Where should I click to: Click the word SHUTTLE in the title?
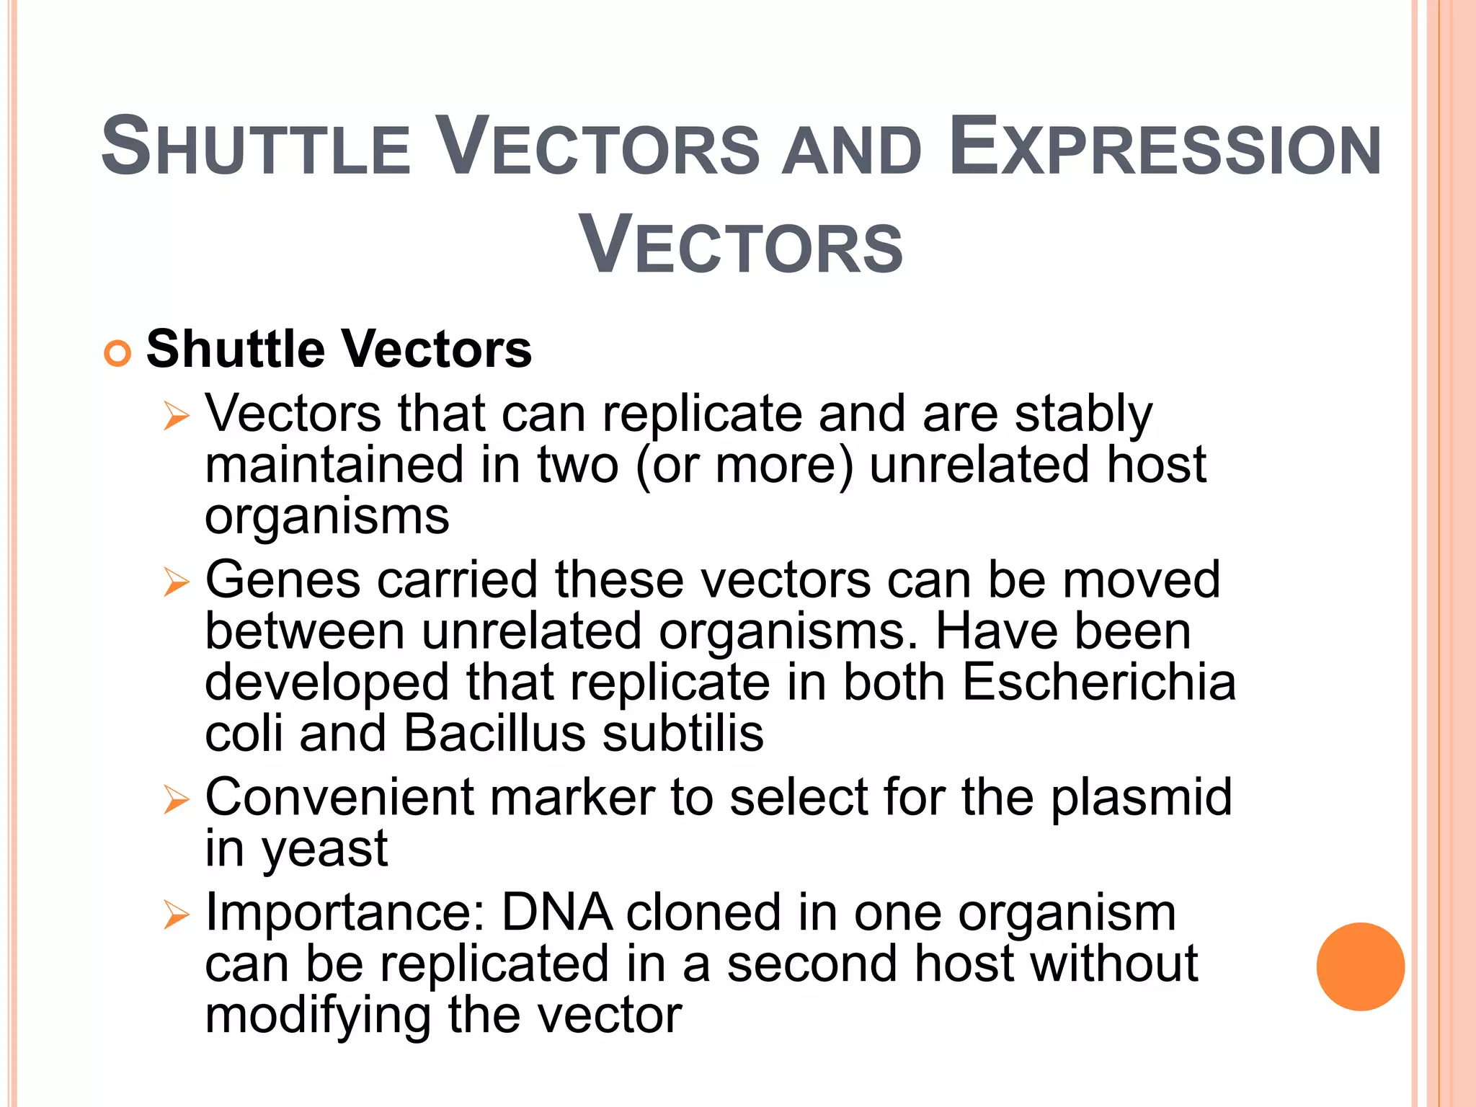pyautogui.click(x=256, y=148)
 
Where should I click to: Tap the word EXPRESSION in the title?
pyautogui.click(x=1165, y=148)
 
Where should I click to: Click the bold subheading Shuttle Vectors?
pyautogui.click(x=339, y=350)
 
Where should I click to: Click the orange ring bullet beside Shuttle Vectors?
pyautogui.click(x=117, y=354)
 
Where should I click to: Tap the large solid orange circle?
pyautogui.click(x=1360, y=966)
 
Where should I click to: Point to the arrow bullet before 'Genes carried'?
pyautogui.click(x=176, y=582)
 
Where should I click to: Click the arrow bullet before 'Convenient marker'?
pyautogui.click(x=176, y=799)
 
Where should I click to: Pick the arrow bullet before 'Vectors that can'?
pyautogui.click(x=176, y=416)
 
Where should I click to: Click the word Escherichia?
pyautogui.click(x=1098, y=682)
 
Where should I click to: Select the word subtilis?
pyautogui.click(x=683, y=734)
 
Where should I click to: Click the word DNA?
pyautogui.click(x=556, y=913)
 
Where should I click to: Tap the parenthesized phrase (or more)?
pyautogui.click(x=744, y=466)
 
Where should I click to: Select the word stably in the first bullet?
pyautogui.click(x=1083, y=415)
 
